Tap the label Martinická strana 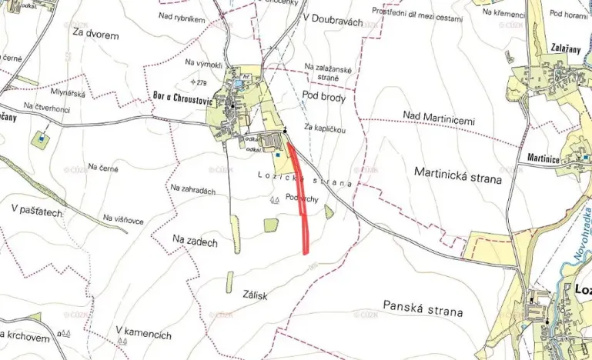point(457,178)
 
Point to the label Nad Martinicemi point(440,117)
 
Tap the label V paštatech point(36,208)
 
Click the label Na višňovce point(122,221)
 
